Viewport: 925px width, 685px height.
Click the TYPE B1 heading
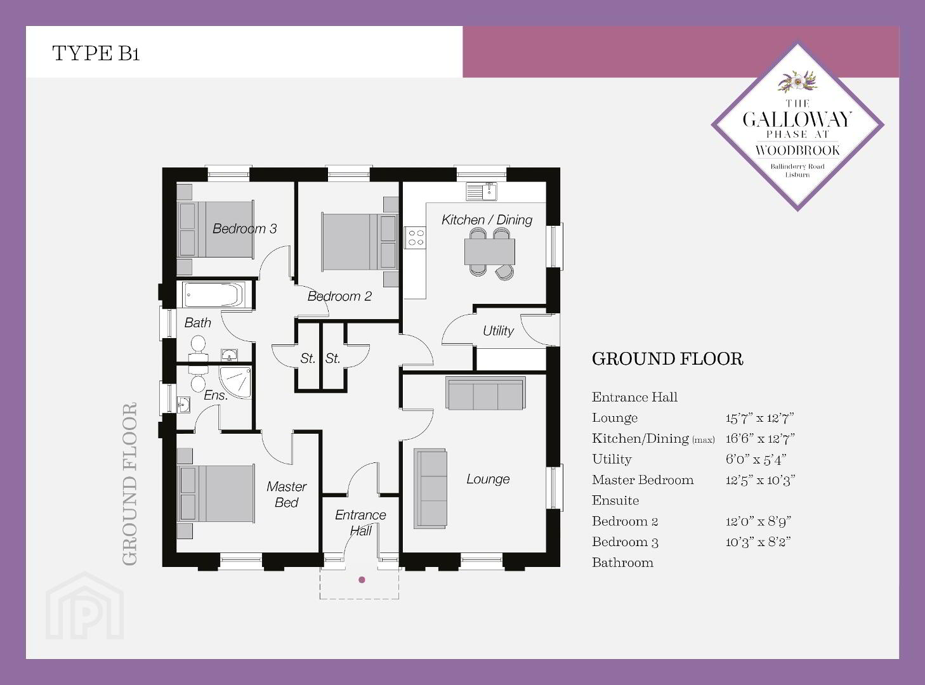pyautogui.click(x=96, y=53)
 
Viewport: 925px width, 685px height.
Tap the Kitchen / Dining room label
pyautogui.click(x=487, y=219)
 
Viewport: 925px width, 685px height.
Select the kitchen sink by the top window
pyautogui.click(x=482, y=192)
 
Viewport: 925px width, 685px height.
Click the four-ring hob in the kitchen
pyautogui.click(x=416, y=238)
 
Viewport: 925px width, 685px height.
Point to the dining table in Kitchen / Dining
pyautogui.click(x=490, y=251)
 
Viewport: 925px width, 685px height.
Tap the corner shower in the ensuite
pyautogui.click(x=235, y=381)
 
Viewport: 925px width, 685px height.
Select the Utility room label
pyautogui.click(x=498, y=330)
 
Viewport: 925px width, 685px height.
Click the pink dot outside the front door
pyautogui.click(x=362, y=580)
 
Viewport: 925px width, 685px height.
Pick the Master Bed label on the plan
pyautogui.click(x=287, y=494)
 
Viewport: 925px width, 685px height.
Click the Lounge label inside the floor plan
pyautogui.click(x=488, y=479)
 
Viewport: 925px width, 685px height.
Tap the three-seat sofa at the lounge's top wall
pyautogui.click(x=485, y=393)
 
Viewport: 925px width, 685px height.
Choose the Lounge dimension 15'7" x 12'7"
pyautogui.click(x=759, y=418)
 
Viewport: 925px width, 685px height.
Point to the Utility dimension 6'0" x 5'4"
pyautogui.click(x=756, y=459)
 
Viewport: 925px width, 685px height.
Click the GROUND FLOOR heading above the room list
pyautogui.click(x=667, y=359)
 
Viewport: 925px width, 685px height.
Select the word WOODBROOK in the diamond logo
pyautogui.click(x=797, y=150)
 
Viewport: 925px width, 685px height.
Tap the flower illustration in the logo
pyautogui.click(x=797, y=81)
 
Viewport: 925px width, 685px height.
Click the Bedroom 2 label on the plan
pyautogui.click(x=339, y=296)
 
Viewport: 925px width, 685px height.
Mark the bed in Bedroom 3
pyautogui.click(x=216, y=230)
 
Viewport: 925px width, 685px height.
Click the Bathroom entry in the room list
pyautogui.click(x=622, y=563)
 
